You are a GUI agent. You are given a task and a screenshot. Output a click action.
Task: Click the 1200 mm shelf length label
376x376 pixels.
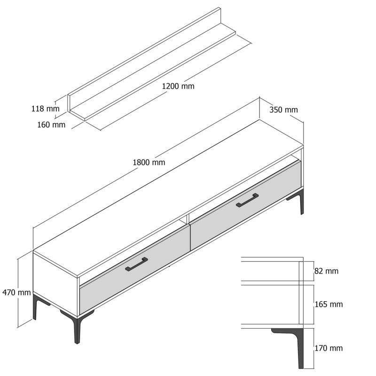(x=178, y=86)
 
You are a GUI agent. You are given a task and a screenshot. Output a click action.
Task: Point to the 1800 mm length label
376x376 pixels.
(x=149, y=163)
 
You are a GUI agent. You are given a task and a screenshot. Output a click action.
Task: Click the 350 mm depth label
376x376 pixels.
(x=283, y=110)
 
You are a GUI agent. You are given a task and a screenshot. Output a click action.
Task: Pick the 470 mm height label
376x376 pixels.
(x=16, y=292)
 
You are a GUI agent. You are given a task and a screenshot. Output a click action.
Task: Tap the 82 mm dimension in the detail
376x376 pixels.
(x=326, y=271)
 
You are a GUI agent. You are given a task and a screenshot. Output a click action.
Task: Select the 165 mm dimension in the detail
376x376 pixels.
(x=329, y=305)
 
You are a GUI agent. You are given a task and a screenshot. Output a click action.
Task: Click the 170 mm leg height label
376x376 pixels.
(x=329, y=348)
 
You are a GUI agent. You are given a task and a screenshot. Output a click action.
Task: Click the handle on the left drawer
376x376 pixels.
(x=136, y=264)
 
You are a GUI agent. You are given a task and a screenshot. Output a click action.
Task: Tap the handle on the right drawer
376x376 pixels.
(x=247, y=200)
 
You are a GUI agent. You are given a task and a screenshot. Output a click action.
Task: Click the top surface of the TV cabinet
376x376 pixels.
(x=169, y=197)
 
